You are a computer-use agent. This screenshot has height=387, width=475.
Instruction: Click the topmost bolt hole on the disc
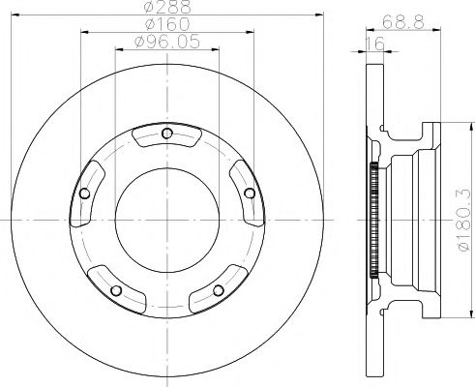point(167,134)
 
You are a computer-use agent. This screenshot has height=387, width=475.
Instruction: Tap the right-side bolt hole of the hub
point(250,193)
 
